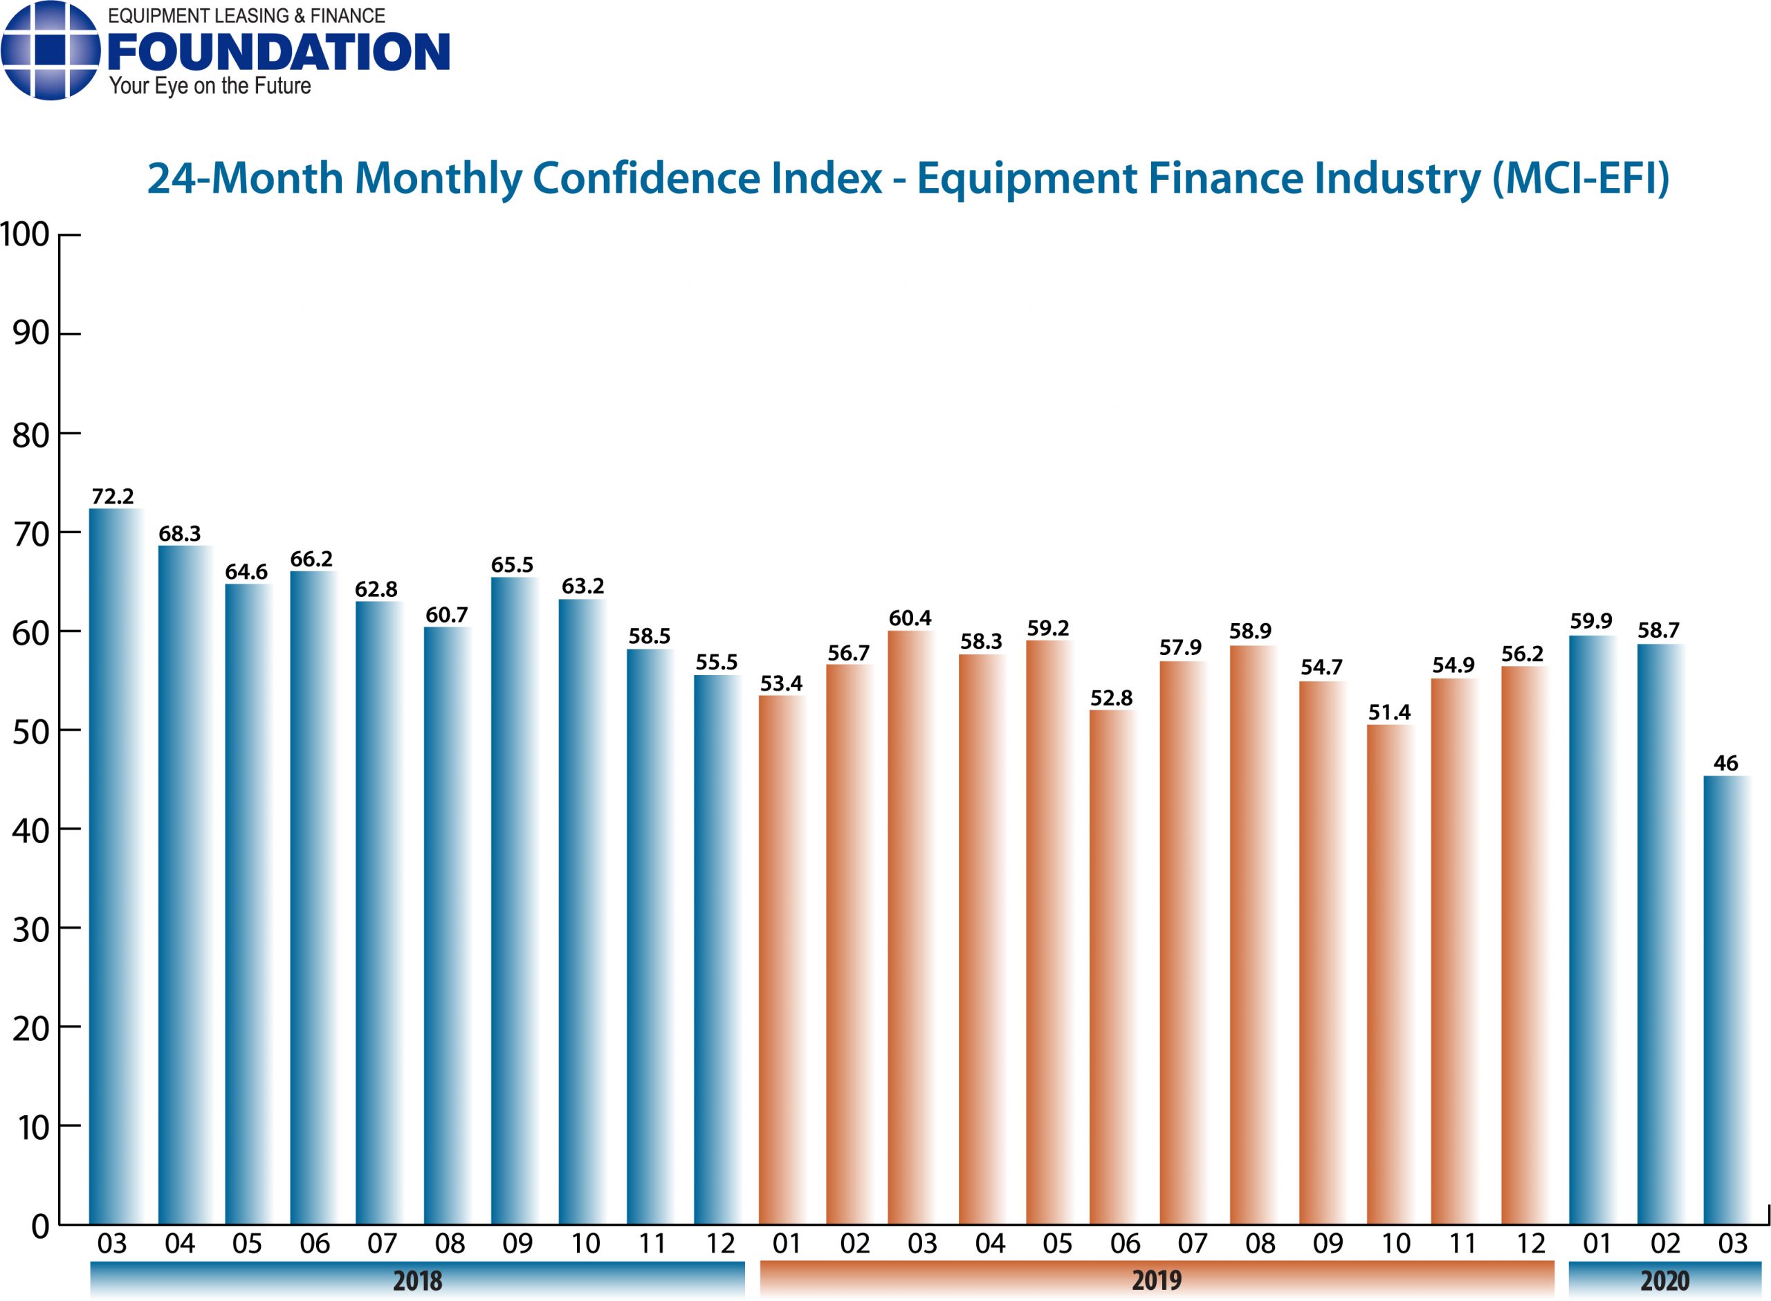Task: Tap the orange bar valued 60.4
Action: (910, 930)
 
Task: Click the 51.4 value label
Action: (1389, 712)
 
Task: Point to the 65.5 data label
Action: (512, 564)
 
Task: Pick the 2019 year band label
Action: (1156, 1280)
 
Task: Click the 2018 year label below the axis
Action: (417, 1280)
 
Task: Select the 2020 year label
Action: (1664, 1280)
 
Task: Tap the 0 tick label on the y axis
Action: (39, 1227)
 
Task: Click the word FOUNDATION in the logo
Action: (278, 52)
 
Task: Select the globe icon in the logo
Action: (51, 50)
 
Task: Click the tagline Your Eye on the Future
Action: (210, 86)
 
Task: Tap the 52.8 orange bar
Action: (1111, 969)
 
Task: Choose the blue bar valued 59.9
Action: (1590, 930)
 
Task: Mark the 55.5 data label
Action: (716, 663)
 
